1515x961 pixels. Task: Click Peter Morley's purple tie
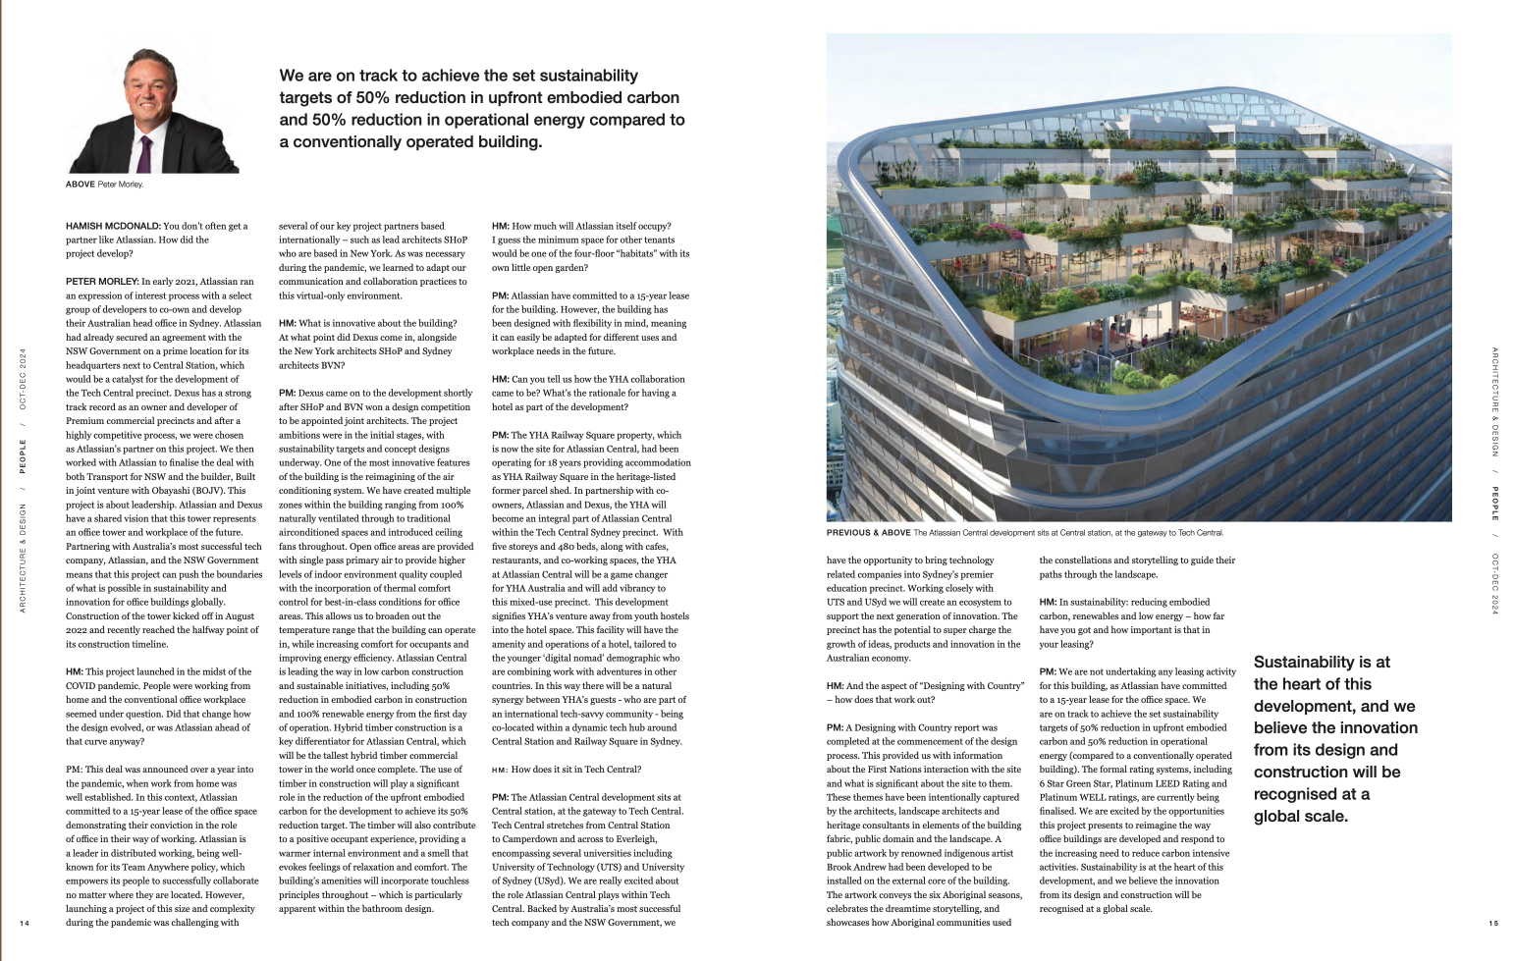coord(145,153)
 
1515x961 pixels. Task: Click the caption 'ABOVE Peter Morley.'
coord(104,185)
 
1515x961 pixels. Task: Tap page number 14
coord(25,923)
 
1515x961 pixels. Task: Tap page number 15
coord(1493,923)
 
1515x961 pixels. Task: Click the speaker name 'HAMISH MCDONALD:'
coord(112,227)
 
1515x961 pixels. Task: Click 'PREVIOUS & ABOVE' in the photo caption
coord(868,533)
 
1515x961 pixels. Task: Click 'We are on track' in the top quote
coord(339,77)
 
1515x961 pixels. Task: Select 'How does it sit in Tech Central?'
coord(576,770)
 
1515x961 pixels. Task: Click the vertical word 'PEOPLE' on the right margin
coord(1494,504)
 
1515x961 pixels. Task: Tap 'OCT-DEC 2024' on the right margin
coord(1494,584)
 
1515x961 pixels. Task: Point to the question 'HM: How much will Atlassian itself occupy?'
coord(595,227)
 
